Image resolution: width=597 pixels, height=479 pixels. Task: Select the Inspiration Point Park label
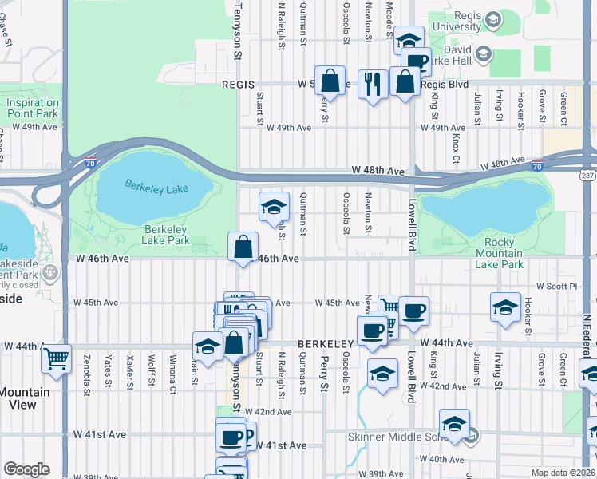pos(33,109)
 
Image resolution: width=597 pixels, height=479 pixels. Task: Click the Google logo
pos(26,469)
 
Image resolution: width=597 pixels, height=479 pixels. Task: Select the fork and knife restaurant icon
pos(373,82)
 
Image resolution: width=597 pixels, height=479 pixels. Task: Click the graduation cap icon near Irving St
pos(506,307)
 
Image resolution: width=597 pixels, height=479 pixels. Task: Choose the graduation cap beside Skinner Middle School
pos(454,423)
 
